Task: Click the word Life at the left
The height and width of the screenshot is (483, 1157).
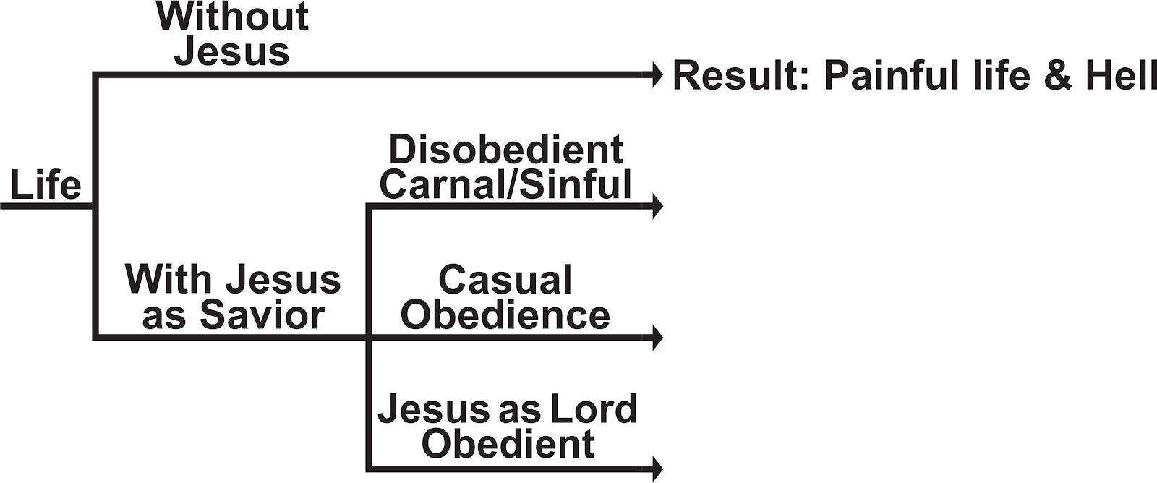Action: [x=45, y=185]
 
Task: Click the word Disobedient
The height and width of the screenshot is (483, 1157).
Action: [x=506, y=150]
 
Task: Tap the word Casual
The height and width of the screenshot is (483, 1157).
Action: [x=505, y=281]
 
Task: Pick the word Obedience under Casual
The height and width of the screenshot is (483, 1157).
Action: [x=505, y=315]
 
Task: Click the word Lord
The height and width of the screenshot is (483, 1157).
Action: [x=593, y=409]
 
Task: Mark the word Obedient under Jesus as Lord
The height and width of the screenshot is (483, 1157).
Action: [x=508, y=444]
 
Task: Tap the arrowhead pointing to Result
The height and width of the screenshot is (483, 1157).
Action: [x=657, y=74]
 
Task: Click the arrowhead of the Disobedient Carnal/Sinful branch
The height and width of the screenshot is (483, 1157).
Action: [x=657, y=206]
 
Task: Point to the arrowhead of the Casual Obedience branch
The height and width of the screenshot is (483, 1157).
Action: [x=657, y=337]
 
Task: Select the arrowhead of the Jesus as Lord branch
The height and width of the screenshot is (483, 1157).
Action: [x=657, y=468]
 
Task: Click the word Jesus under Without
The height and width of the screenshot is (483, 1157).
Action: [x=232, y=51]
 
